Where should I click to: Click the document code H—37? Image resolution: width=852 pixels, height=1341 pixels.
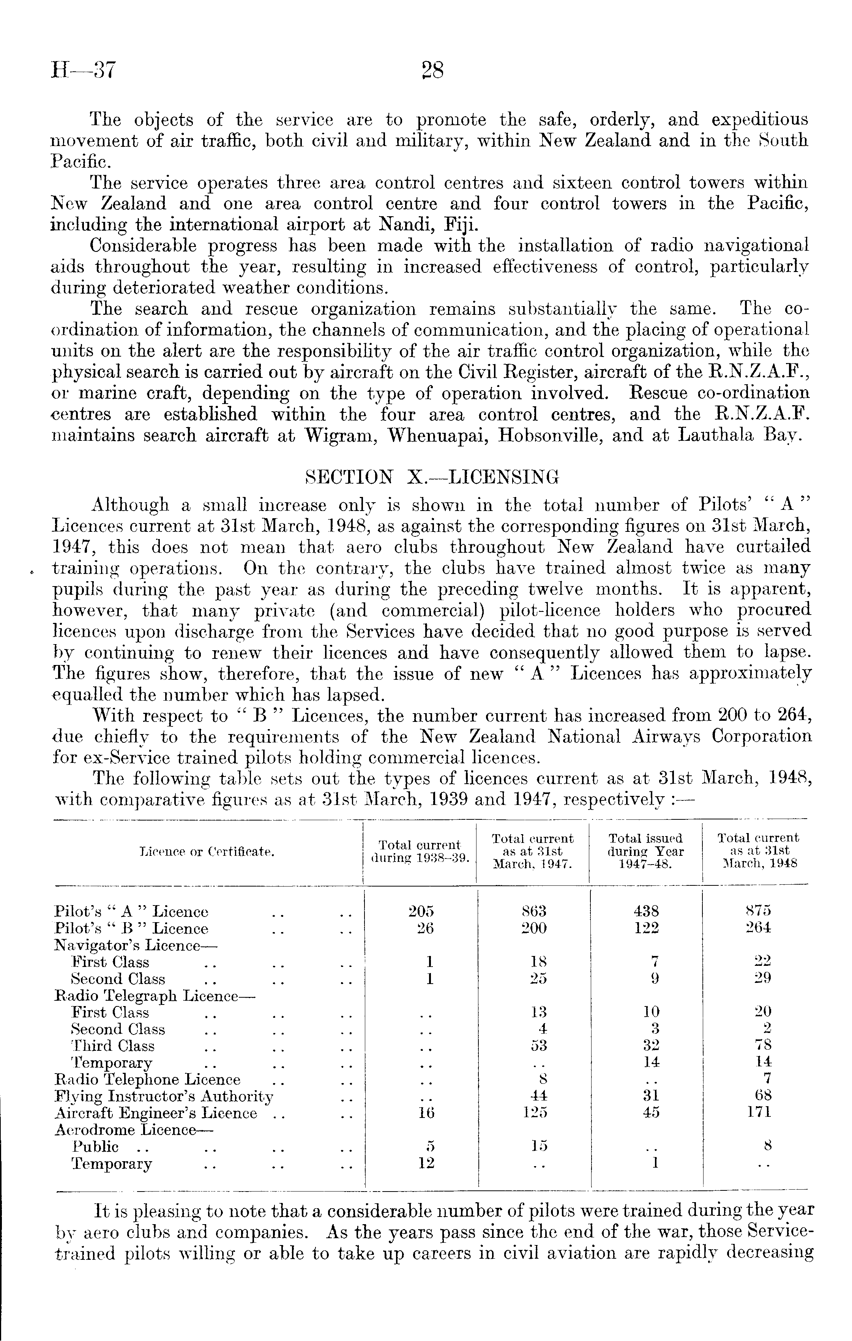(83, 71)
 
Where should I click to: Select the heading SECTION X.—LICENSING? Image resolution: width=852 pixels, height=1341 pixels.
(432, 477)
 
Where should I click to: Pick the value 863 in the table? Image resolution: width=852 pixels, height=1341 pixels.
(533, 912)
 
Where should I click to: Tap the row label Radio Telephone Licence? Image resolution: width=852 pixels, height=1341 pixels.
(148, 1080)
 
